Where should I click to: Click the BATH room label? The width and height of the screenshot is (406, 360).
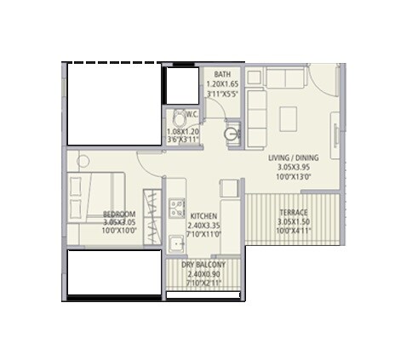point(223,75)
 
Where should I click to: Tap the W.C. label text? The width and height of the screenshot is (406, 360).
point(192,115)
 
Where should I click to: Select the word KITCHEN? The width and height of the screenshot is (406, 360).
point(204,215)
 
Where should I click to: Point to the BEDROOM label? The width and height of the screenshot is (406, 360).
point(119,214)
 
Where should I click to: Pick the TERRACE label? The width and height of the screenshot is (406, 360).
point(293,213)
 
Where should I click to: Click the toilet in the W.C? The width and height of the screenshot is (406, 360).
point(180,117)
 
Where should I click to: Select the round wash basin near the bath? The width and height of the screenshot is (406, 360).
point(232,134)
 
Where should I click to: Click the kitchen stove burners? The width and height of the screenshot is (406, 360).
point(178,208)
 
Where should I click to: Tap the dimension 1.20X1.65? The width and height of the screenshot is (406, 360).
point(223,85)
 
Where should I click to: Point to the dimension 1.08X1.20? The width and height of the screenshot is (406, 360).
point(182,132)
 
